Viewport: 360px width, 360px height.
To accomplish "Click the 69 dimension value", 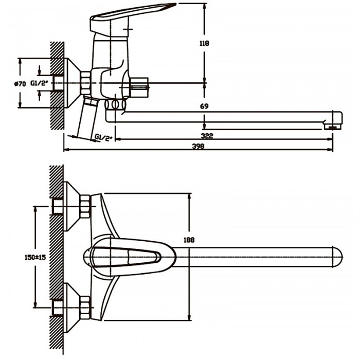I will (x=205, y=106).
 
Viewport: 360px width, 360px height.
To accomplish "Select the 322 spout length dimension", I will (x=208, y=136).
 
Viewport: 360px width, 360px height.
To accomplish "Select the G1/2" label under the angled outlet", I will (x=104, y=136).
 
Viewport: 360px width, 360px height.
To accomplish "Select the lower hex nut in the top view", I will (x=84, y=307).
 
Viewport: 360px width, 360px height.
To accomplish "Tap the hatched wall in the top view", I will (x=57, y=257).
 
